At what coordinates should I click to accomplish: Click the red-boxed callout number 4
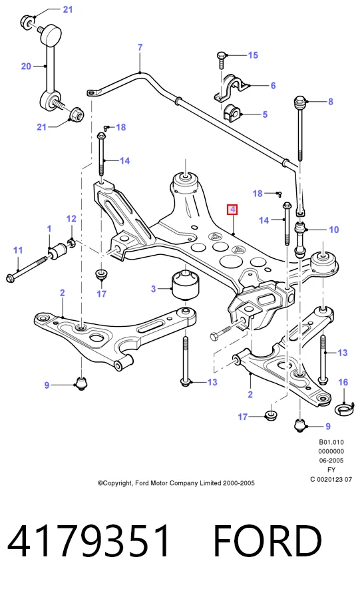pos(232,209)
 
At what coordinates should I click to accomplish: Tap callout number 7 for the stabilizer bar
pos(140,47)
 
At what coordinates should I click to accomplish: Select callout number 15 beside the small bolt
pos(253,55)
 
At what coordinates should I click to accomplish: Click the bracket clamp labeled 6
pos(231,88)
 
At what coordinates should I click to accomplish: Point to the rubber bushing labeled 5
pos(232,114)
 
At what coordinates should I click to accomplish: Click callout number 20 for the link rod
pos(26,67)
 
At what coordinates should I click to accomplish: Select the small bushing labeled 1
pos(59,251)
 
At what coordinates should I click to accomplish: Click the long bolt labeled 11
pos(27,268)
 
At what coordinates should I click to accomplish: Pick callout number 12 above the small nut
pos(71,218)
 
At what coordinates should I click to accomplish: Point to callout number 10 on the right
pos(334,230)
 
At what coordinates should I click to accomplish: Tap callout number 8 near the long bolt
pos(331,101)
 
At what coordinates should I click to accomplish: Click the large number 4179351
pos(89,541)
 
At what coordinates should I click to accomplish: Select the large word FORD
pos(268,541)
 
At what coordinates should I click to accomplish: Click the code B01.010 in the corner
pos(331,442)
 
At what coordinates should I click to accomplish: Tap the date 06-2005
pos(331,460)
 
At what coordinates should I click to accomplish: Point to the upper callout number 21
pos(68,9)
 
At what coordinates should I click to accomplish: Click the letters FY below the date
pos(331,470)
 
